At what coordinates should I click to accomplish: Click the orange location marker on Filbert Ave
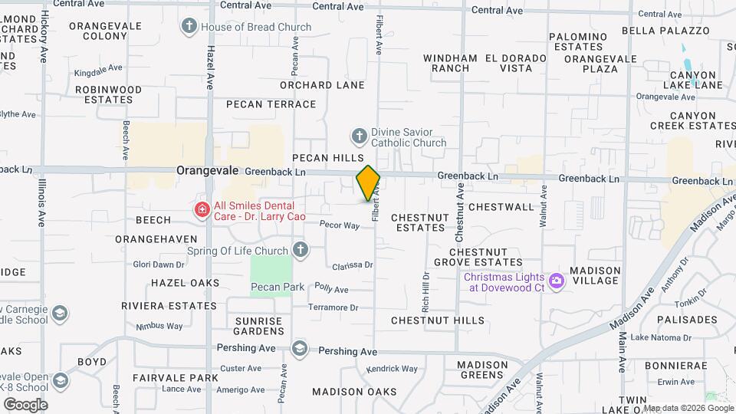coord(369,183)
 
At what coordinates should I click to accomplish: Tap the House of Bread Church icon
coord(189,27)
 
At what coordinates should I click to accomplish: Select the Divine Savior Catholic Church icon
coord(358,136)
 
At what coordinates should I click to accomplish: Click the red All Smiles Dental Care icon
coord(202,210)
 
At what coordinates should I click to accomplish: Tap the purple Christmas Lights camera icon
coord(556,281)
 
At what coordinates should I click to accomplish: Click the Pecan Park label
coord(278,287)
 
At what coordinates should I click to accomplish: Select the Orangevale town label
coord(209,171)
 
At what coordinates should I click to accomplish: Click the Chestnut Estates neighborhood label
coord(419,222)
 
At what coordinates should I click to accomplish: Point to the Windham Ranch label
coord(450,63)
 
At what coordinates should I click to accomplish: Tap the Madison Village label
coord(594,275)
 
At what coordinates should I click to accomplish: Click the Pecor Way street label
coord(340,225)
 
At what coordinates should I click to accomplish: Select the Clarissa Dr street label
coord(353,265)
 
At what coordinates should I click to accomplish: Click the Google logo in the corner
coord(25,404)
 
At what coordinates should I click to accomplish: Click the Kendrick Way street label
coord(392,369)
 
